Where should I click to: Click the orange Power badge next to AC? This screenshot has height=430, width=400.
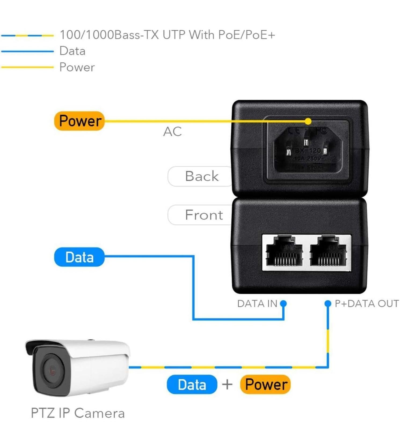(79, 121)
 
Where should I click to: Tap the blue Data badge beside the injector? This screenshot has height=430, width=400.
(79, 257)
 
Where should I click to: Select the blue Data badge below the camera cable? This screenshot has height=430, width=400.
(192, 384)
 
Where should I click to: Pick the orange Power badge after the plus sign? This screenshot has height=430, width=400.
(266, 384)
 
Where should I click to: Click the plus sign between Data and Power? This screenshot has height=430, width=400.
(227, 384)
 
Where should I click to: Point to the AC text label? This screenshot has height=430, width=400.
(172, 132)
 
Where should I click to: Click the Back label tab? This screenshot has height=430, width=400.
(201, 176)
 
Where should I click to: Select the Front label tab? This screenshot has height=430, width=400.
(203, 215)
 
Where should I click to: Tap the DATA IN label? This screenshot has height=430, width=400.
(257, 304)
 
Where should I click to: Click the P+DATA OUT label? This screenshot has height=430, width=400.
(366, 304)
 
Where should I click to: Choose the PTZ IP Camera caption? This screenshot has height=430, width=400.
(78, 413)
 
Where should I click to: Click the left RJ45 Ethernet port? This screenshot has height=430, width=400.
(284, 252)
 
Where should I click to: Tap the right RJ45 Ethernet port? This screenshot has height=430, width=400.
(328, 252)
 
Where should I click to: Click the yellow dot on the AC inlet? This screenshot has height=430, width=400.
(308, 121)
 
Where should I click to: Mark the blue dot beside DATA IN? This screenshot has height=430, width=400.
(283, 303)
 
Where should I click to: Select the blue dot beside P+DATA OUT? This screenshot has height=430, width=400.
(328, 303)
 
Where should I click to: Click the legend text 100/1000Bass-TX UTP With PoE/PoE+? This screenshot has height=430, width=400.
(167, 35)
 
